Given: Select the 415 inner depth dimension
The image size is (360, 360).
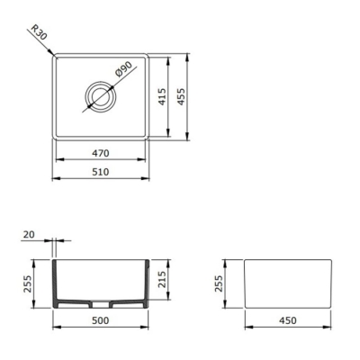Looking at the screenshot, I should coord(162,95).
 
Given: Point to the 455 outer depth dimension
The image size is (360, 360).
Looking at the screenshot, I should coord(181,95).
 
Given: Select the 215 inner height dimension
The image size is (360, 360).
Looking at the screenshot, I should coord(162,280).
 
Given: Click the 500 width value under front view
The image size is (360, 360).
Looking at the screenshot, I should coord(101,319).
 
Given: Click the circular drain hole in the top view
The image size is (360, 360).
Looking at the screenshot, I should coord(99,95).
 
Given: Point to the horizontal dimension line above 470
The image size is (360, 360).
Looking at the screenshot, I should coord(100,159).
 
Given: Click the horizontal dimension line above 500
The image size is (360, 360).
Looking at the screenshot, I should coord(101,327).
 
